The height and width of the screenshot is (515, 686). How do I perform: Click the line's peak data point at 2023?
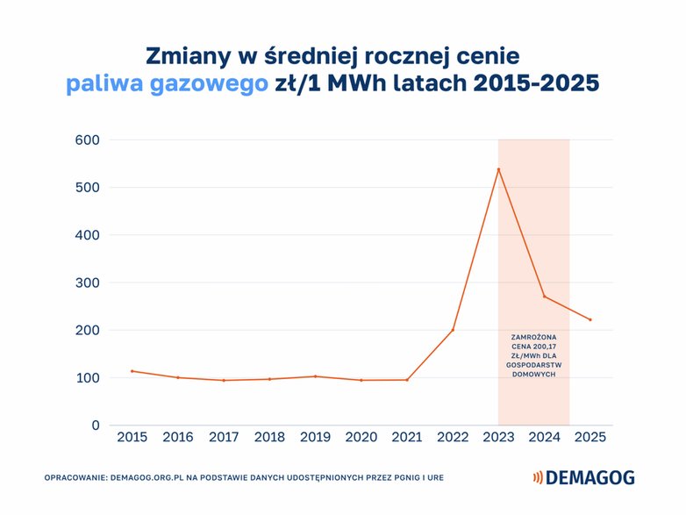click(498, 169)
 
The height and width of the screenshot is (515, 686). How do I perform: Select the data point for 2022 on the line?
click(453, 330)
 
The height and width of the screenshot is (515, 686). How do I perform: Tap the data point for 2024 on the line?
click(544, 297)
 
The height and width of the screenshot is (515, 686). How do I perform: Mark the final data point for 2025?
click(590, 319)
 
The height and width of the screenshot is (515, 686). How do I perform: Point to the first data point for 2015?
click(132, 371)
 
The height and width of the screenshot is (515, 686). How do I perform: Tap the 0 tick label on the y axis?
click(95, 426)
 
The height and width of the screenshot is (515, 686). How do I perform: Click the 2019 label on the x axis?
click(315, 437)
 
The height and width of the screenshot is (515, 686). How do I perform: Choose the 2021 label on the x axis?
click(407, 437)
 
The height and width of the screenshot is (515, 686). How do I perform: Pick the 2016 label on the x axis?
click(177, 437)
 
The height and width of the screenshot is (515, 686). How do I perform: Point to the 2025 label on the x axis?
click(590, 437)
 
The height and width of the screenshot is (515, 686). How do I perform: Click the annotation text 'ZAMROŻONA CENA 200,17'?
click(533, 342)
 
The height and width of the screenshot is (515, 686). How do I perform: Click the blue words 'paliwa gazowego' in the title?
click(167, 84)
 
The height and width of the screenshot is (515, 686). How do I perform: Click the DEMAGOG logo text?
click(590, 478)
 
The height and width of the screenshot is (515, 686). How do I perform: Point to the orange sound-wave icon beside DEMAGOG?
click(537, 478)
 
